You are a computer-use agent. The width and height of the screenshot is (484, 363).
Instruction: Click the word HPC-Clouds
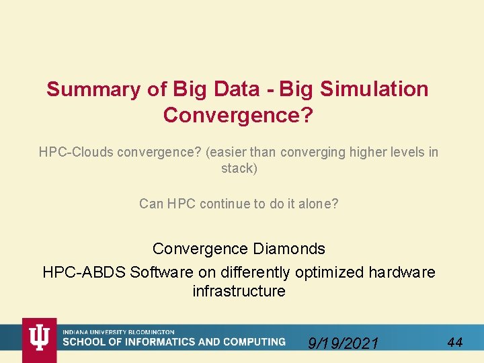click(x=76, y=153)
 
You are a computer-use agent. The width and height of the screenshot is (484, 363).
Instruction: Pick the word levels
click(x=400, y=153)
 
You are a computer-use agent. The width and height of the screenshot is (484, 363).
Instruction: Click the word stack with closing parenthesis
click(x=239, y=169)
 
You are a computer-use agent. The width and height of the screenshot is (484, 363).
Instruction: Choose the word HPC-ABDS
click(x=84, y=273)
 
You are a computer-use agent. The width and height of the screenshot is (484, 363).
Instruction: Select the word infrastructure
click(x=239, y=292)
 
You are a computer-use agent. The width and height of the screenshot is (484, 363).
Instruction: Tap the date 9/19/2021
click(x=343, y=344)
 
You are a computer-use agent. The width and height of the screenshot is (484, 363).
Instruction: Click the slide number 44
click(x=454, y=343)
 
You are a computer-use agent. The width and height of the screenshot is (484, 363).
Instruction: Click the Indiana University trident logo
click(x=40, y=337)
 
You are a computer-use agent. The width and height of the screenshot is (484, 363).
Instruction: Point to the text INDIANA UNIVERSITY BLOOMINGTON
click(x=119, y=332)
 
